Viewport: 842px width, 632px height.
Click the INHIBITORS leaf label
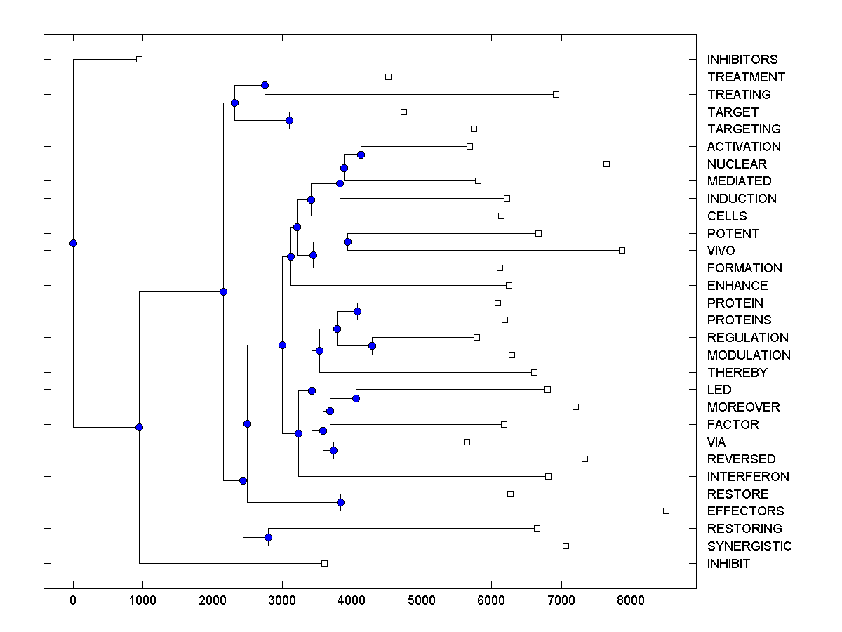[742, 60]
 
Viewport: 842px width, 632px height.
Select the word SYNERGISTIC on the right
[749, 546]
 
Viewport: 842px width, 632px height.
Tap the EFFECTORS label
[746, 511]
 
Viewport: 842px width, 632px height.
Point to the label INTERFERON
[748, 477]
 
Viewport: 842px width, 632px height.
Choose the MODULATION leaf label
[749, 355]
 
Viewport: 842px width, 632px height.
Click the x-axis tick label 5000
[422, 600]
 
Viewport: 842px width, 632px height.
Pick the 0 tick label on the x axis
[73, 600]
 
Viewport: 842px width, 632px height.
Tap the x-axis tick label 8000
[631, 600]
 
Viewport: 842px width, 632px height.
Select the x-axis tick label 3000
[282, 600]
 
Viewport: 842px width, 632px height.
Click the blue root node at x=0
[73, 244]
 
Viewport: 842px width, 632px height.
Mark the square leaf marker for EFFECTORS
[666, 511]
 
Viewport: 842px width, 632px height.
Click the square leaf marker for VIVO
[622, 250]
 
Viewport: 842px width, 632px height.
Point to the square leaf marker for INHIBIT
[324, 563]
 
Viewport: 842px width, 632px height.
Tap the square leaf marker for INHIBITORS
[139, 60]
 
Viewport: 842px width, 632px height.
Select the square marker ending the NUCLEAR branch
[606, 164]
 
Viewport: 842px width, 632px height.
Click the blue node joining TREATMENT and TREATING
[265, 86]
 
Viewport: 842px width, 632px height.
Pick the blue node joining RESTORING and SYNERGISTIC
[268, 537]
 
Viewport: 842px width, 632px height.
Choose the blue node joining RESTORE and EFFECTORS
[340, 502]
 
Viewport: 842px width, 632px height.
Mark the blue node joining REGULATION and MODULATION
[372, 346]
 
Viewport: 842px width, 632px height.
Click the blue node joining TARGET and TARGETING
[289, 120]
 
